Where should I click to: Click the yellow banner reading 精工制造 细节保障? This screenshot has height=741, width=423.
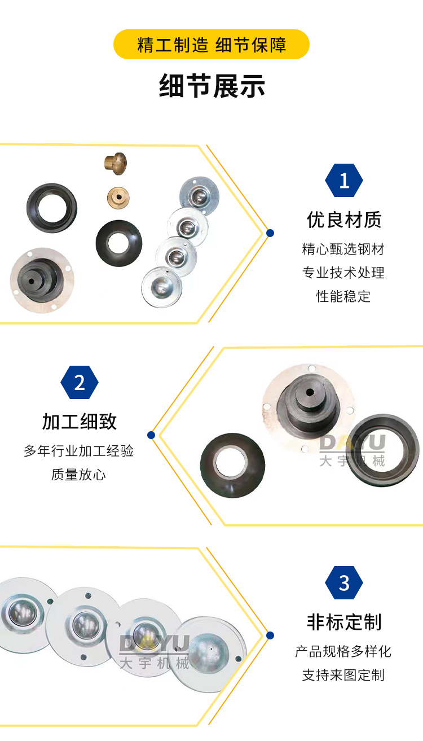211,45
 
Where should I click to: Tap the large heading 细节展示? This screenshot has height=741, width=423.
212,86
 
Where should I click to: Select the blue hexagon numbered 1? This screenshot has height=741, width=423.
344,180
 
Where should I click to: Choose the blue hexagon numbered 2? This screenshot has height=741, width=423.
80,383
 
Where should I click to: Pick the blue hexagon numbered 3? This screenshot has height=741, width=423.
344,582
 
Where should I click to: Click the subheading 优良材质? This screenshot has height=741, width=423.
344,220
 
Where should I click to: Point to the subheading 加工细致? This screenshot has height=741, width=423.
80,422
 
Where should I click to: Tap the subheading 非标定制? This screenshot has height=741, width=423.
344,622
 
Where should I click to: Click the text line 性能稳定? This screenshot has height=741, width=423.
343,296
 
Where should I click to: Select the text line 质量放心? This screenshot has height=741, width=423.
78,475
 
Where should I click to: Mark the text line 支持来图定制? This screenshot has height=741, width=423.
343,675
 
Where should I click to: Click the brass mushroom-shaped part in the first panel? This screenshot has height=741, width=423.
116,163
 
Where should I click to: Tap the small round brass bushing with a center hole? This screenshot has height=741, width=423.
118,198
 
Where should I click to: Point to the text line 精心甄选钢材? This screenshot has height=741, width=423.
343,249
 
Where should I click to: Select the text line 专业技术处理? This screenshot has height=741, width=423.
343,273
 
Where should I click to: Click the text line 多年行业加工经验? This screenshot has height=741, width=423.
78,450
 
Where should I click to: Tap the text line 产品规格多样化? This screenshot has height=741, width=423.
343,651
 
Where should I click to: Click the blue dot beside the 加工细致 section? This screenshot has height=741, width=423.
151,435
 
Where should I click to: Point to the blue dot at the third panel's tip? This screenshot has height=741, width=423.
270,635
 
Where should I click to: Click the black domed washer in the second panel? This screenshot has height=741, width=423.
232,465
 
